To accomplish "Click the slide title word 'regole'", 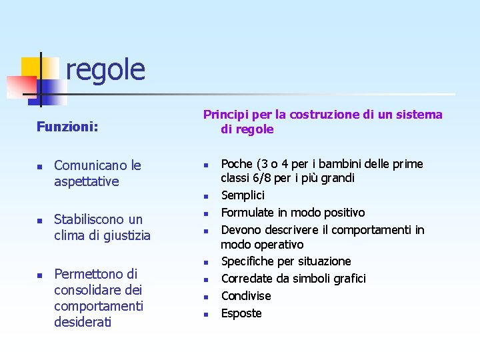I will (105, 69).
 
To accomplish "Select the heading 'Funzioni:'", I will (67, 126).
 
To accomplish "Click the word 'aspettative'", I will (86, 181).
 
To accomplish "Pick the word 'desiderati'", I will (83, 323).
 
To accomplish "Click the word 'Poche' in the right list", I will (237, 164).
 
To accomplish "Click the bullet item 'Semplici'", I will (243, 195).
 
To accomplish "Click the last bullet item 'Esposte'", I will (241, 313).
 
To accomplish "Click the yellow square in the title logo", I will (31, 67).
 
